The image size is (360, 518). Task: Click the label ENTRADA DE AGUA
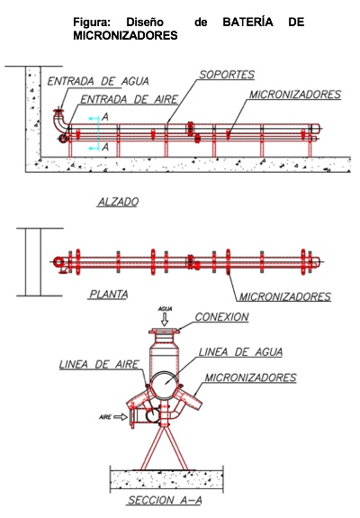98,81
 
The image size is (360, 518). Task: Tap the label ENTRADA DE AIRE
130,99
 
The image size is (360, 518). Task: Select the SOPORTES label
227,75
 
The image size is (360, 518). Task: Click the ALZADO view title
118,202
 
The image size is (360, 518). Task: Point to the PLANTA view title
109,294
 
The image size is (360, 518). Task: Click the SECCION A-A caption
165,500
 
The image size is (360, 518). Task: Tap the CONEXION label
221,317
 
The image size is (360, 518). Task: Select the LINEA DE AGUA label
240,352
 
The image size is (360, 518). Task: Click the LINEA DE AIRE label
99,364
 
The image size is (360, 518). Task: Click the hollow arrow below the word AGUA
165,320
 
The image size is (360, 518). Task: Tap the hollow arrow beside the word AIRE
121,417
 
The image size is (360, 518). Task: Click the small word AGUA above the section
165,309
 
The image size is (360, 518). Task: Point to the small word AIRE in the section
105,417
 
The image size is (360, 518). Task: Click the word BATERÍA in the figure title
248,23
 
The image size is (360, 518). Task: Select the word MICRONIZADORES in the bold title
125,35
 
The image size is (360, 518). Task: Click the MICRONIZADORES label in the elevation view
294,95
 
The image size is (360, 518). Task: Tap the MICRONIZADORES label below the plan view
284,296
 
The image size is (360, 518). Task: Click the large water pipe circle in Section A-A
165,371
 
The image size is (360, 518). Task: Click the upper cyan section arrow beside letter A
94,118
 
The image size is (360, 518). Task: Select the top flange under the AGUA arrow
164,331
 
